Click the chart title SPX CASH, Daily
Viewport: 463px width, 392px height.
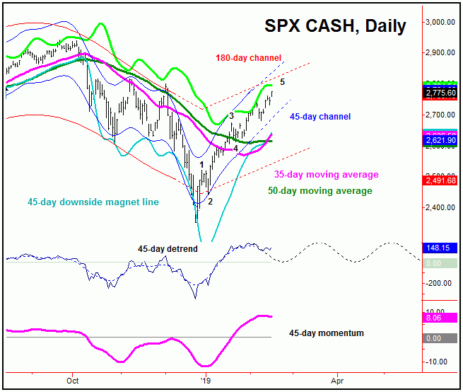tap(335, 26)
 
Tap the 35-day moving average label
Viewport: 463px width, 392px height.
tap(326, 175)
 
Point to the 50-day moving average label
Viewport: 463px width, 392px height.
tap(320, 191)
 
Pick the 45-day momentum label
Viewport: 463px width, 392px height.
tap(327, 333)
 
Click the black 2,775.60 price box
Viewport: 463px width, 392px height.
tap(442, 93)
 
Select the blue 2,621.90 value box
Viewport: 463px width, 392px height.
tap(442, 141)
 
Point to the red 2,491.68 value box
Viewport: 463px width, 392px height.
tap(442, 180)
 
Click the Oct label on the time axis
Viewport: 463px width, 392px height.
tap(72, 379)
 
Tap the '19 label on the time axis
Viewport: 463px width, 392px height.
tap(204, 379)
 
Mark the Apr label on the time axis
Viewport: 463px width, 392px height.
tap(337, 379)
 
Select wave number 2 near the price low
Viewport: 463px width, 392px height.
tap(209, 202)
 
